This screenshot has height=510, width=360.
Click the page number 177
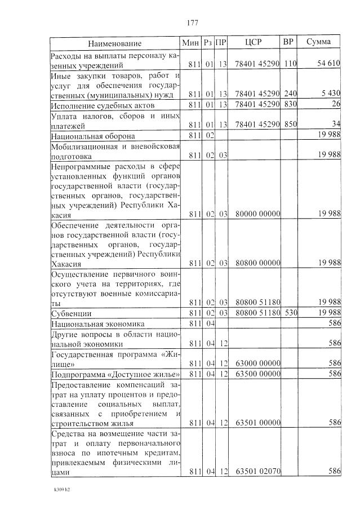pos(191,23)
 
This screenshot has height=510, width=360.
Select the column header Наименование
pos(114,43)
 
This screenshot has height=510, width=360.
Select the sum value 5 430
pos(329,94)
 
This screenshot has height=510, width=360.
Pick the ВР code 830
pos(290,104)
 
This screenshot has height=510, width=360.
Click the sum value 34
pos(336,125)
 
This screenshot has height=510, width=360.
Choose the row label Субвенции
pos(71,313)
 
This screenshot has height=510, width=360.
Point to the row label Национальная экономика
pos(97,324)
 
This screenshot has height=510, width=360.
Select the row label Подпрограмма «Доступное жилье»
pos(115,374)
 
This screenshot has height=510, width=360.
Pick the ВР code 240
pos(290,94)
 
